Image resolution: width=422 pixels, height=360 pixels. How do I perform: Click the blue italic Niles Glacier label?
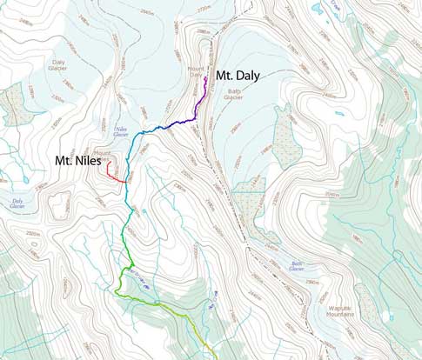click(121, 133)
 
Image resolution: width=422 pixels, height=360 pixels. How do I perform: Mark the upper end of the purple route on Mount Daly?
click(205, 78)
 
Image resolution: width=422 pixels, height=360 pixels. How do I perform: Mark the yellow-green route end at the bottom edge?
click(206, 357)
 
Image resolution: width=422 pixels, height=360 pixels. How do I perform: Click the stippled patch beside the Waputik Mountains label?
click(365, 303)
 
